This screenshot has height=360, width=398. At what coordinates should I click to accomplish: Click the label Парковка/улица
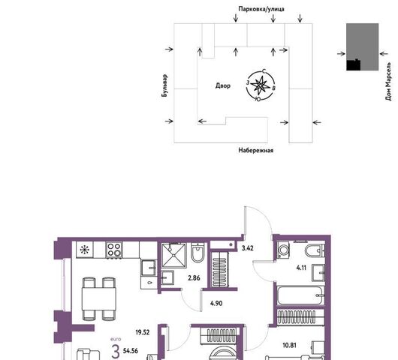(x=261, y=9)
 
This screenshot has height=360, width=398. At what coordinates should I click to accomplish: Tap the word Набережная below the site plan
(x=256, y=150)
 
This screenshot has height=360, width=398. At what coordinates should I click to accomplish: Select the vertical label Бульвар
(x=164, y=85)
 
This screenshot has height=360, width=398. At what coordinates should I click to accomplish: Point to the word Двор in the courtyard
(x=223, y=85)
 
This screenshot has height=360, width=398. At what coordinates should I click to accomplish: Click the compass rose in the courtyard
(x=261, y=85)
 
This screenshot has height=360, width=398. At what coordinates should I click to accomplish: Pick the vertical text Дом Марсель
(x=388, y=81)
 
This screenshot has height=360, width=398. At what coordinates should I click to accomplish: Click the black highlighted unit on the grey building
(x=354, y=65)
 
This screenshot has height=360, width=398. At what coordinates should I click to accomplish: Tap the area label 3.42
(x=248, y=248)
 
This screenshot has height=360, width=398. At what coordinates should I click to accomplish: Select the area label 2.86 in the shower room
(x=194, y=278)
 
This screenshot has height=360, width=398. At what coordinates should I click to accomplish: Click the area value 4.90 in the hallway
(x=216, y=303)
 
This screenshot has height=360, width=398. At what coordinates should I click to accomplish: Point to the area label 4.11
(x=301, y=268)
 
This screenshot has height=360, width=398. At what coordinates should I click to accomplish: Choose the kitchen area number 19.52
(x=143, y=332)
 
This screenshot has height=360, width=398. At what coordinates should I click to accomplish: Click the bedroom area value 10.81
(x=289, y=345)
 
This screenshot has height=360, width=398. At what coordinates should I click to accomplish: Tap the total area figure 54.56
(x=131, y=351)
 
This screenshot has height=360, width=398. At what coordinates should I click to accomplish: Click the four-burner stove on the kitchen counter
(x=114, y=250)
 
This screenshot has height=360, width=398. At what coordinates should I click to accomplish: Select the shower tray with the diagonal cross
(x=174, y=255)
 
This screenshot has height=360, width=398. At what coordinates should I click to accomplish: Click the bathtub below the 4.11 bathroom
(x=300, y=295)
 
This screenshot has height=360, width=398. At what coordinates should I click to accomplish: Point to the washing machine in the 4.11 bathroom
(x=283, y=250)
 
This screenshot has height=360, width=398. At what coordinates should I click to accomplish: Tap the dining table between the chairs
(x=99, y=298)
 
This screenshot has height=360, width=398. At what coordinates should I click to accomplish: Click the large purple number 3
(x=116, y=352)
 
